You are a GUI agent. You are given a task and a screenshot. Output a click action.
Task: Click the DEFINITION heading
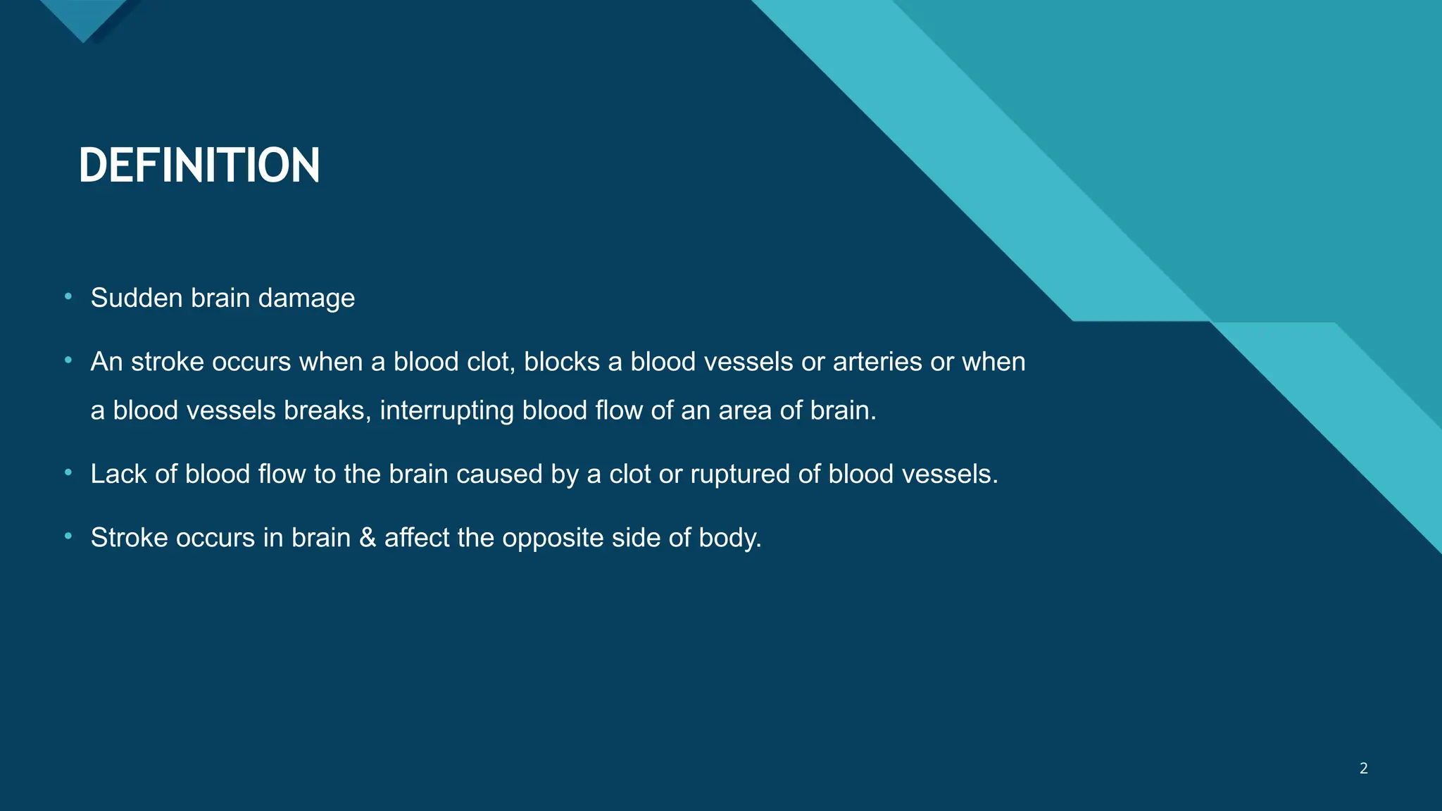pyautogui.click(x=199, y=166)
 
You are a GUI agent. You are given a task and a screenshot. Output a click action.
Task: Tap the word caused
pyautogui.click(x=499, y=474)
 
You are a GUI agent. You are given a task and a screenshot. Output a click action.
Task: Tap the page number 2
pyautogui.click(x=1363, y=768)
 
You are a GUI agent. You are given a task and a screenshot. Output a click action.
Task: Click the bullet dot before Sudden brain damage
pyautogui.click(x=68, y=297)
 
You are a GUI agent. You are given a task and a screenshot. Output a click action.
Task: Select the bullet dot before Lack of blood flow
pyautogui.click(x=68, y=473)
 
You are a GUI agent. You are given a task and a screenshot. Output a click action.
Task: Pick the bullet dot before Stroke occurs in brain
pyautogui.click(x=68, y=536)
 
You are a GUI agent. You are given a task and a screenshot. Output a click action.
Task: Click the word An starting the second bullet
pyautogui.click(x=107, y=362)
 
